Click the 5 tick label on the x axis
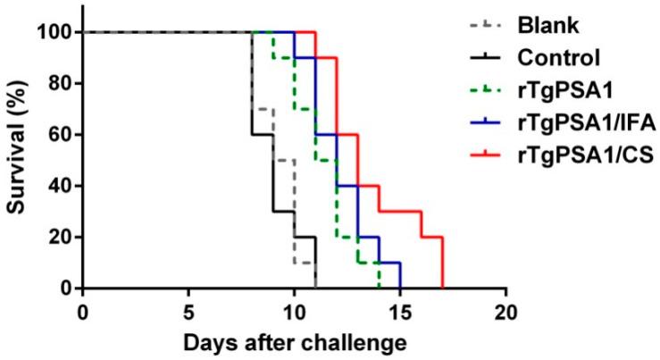188,308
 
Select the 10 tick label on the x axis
294,308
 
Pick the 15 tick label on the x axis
400,308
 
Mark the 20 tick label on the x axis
505,308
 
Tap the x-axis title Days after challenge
295,342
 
